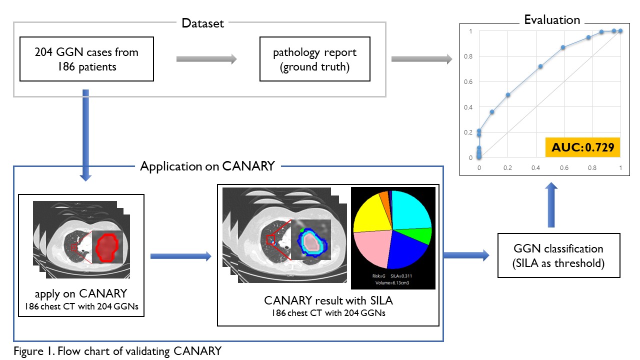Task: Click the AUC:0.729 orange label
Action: [582, 147]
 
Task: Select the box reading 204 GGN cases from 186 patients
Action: [86, 58]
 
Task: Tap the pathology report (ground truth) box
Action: [314, 58]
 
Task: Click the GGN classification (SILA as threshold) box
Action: [558, 255]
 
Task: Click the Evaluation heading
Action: [551, 20]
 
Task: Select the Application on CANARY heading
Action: [207, 166]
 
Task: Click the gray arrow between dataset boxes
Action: [206, 59]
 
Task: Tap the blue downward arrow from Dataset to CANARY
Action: [86, 135]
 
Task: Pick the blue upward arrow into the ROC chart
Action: [551, 205]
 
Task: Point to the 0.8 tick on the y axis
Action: [467, 56]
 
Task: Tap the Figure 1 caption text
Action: [117, 351]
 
